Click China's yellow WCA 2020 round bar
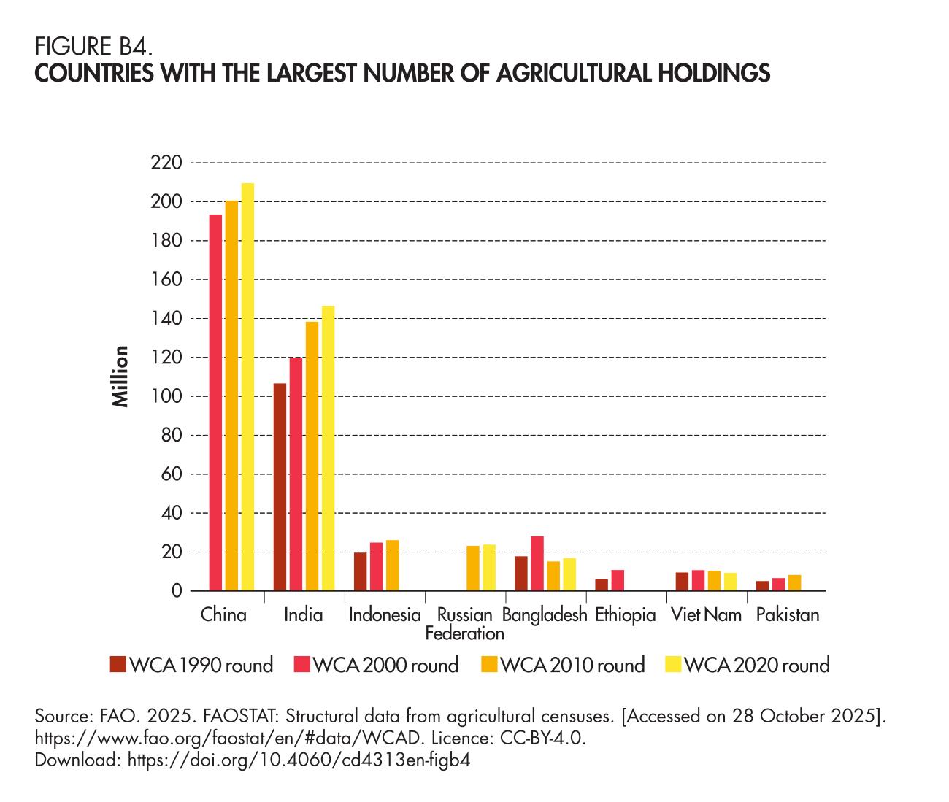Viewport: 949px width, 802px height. tap(247, 387)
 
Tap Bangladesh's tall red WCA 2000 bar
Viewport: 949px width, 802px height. tap(537, 563)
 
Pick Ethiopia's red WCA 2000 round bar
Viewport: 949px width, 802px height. tap(618, 580)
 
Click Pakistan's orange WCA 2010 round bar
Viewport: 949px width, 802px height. tap(794, 583)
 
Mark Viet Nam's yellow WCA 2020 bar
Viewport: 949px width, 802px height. tap(730, 582)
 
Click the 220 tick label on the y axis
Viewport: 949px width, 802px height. tap(166, 163)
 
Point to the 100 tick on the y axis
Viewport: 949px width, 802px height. tap(166, 397)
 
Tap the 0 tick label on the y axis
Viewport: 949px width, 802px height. tap(176, 591)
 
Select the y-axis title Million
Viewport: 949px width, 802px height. tap(120, 377)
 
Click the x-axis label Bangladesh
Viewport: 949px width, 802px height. tap(545, 615)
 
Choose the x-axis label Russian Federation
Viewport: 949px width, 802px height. tap(464, 624)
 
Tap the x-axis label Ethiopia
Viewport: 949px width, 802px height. tap(625, 615)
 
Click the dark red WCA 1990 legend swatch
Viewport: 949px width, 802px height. tap(118, 665)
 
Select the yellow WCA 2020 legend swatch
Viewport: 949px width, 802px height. tap(673, 665)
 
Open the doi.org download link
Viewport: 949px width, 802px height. tap(299, 760)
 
